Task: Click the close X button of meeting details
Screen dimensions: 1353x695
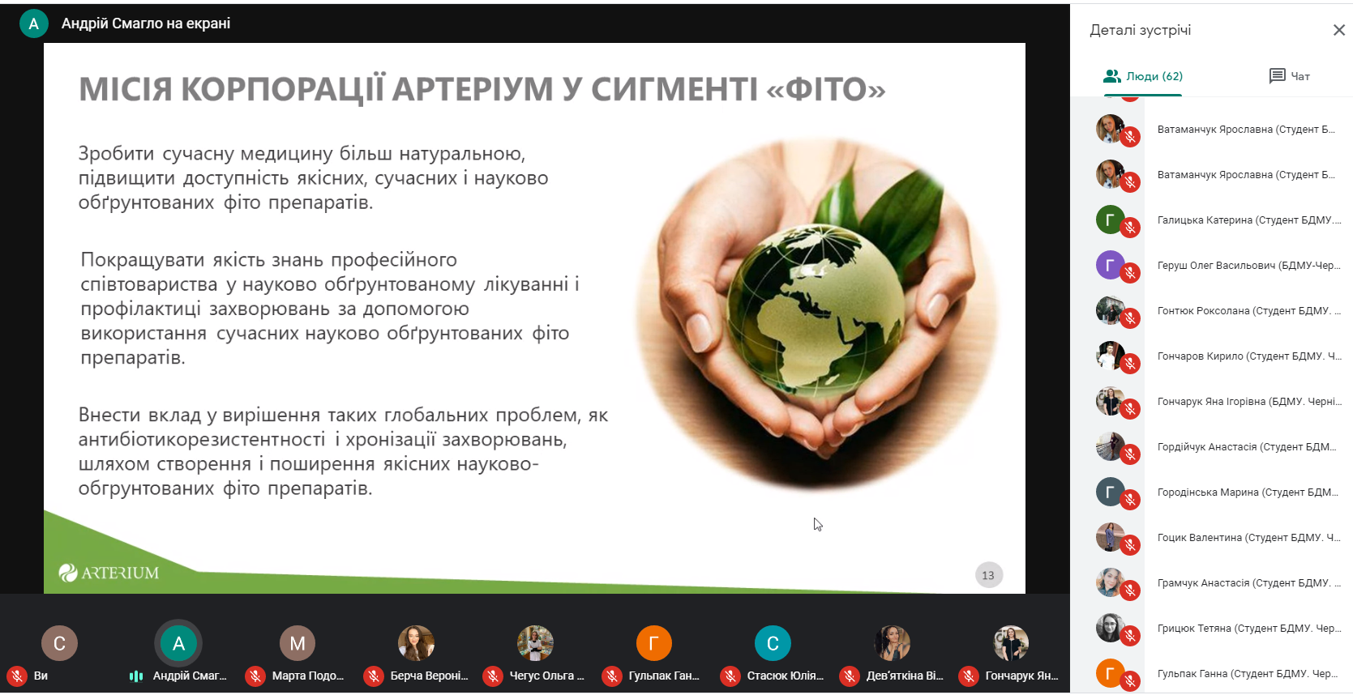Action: tap(1338, 30)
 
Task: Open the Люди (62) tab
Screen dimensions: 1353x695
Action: tap(1143, 76)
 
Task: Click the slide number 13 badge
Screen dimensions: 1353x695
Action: tap(988, 575)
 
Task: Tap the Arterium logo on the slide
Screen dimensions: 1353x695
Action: tap(109, 573)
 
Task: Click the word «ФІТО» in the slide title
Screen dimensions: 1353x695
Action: tap(826, 89)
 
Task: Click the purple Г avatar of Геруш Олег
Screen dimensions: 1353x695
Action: tap(1110, 265)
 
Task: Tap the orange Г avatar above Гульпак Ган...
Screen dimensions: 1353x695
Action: tap(653, 643)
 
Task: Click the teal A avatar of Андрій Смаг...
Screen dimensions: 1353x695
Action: tap(178, 643)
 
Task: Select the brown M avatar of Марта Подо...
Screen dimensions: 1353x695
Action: tap(298, 643)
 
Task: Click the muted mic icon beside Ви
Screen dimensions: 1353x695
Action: tap(17, 676)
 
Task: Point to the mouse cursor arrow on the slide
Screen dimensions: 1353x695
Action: tap(817, 524)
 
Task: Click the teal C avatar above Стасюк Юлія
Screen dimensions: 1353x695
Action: tap(773, 643)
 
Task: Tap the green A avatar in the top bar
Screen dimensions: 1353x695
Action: tap(34, 23)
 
